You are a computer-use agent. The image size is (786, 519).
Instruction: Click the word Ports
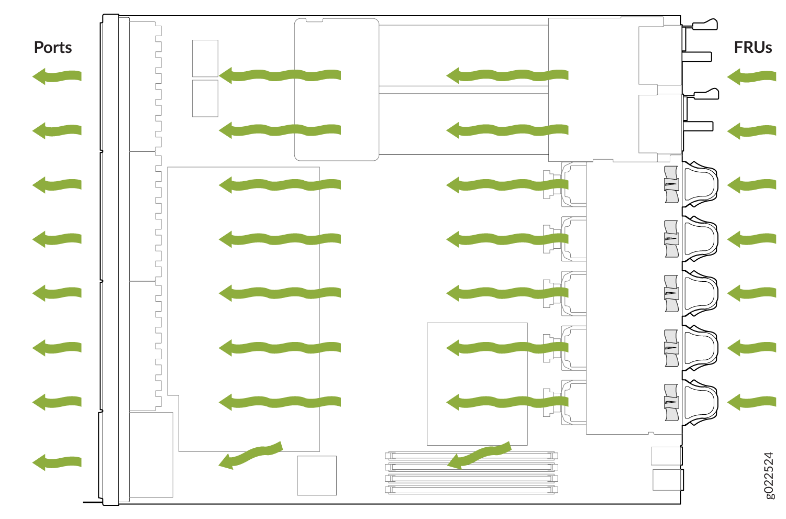point(53,47)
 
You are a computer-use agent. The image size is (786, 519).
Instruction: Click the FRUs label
point(752,47)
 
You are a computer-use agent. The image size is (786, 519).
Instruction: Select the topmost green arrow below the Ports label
point(57,76)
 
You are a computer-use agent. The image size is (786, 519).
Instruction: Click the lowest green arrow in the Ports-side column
point(57,462)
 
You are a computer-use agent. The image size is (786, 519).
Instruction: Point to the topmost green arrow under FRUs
point(751,76)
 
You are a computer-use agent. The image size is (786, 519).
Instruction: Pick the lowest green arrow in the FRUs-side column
point(751,402)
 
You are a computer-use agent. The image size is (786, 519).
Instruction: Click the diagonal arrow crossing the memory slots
point(479,455)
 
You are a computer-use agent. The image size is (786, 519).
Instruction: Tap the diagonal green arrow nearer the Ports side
point(250,455)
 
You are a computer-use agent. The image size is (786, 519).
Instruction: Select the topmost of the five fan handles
point(700,184)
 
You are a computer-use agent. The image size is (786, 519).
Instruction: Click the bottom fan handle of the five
point(700,402)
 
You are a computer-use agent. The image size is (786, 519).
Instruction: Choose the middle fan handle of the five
point(700,293)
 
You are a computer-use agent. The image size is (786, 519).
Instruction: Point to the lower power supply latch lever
point(705,94)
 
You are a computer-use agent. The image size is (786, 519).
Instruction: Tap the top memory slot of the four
point(471,456)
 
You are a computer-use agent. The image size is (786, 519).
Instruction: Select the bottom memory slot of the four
point(471,490)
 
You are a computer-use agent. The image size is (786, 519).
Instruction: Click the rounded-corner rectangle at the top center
point(337,90)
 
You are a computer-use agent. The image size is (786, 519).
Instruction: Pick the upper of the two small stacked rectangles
point(205,58)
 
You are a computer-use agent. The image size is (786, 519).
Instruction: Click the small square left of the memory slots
point(317,476)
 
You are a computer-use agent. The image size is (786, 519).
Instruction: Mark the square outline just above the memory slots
point(477,384)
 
